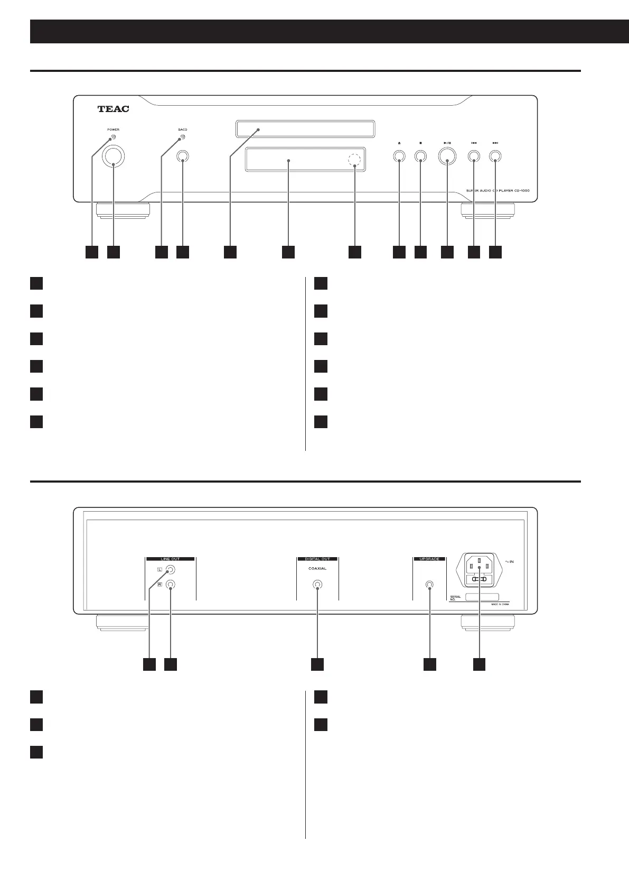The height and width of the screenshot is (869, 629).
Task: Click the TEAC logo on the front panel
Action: [113, 109]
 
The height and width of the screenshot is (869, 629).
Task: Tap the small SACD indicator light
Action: [183, 138]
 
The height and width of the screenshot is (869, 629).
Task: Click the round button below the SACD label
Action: [183, 156]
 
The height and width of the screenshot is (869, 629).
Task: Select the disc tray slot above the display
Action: [305, 129]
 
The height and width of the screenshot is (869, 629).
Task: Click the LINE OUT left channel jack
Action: [170, 570]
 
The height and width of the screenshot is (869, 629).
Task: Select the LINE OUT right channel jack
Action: [170, 585]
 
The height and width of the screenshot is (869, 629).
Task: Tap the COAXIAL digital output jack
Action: [317, 585]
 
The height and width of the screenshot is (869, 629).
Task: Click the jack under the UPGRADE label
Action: [429, 585]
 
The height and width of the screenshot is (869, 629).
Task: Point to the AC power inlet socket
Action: [479, 570]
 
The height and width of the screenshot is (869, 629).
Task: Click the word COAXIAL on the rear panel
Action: [317, 569]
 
